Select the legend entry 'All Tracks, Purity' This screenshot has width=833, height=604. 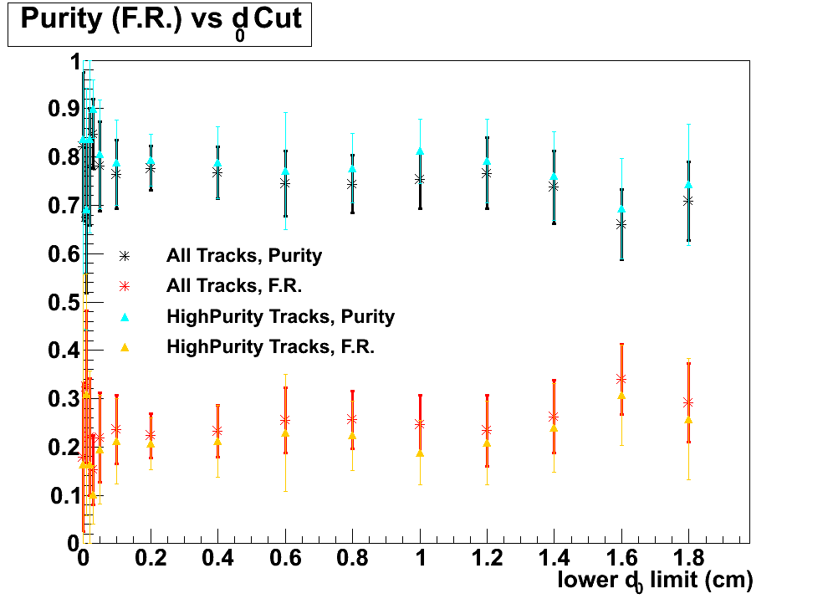pos(243,255)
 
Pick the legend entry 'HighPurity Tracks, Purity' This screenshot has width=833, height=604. pos(280,316)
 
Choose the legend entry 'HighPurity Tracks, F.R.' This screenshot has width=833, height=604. pos(270,346)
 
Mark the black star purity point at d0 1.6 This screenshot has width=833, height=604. pos(621,224)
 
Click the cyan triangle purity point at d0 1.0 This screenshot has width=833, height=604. pos(420,151)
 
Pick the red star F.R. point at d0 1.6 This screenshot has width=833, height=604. pos(621,379)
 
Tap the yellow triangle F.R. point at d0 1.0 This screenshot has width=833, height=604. pos(420,453)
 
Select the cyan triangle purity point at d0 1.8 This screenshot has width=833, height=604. pos(688,185)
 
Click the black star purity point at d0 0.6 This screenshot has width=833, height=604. pos(285,182)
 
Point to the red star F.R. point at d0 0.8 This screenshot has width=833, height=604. pos(352,418)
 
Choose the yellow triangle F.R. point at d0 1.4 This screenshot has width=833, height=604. pos(554,428)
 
